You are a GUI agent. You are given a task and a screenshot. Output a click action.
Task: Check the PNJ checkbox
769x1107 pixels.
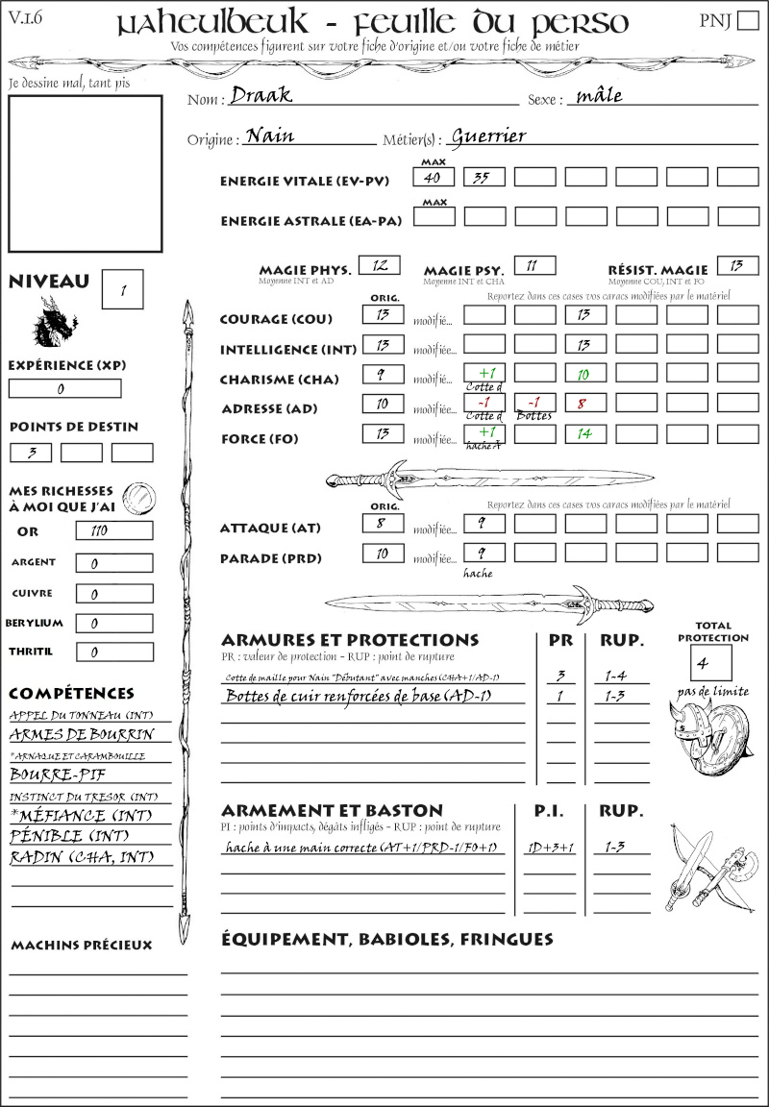[x=746, y=22]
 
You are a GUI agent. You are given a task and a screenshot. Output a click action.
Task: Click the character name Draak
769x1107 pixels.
[x=260, y=96]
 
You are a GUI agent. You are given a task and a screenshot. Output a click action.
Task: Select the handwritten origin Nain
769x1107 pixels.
[x=270, y=136]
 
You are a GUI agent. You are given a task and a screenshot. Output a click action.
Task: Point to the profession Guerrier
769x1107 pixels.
[x=488, y=136]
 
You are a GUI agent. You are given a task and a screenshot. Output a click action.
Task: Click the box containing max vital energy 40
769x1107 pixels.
[x=434, y=177]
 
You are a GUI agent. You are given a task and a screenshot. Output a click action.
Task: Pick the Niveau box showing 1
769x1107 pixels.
[x=124, y=288]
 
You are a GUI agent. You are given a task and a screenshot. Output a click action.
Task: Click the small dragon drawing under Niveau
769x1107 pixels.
[x=54, y=322]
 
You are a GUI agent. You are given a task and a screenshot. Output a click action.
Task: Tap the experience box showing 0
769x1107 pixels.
[x=64, y=389]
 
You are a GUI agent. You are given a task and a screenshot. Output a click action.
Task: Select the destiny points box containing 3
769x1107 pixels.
[x=31, y=453]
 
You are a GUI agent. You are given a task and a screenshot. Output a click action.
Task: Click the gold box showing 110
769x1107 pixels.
[x=113, y=530]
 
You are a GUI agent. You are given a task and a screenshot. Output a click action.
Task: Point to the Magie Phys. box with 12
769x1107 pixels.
[x=379, y=265]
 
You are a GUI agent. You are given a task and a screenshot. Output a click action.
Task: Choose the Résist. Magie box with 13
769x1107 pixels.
[x=737, y=265]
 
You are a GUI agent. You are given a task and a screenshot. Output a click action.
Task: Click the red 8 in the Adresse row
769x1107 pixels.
[x=583, y=405]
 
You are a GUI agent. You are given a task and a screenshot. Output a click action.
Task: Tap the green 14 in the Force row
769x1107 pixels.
[x=583, y=434]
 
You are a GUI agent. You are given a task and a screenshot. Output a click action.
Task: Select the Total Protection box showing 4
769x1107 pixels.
[x=710, y=662]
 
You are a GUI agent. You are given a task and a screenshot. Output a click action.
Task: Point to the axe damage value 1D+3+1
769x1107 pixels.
[x=551, y=848]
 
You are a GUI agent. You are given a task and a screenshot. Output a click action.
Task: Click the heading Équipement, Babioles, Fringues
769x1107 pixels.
[x=387, y=939]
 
